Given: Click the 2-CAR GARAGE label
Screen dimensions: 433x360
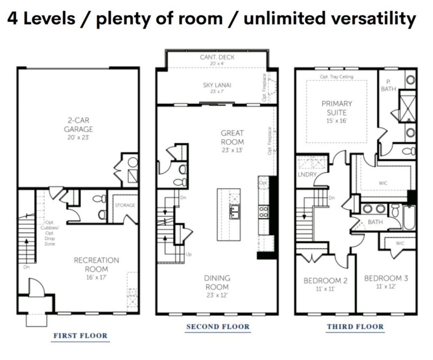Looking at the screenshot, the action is click(78, 125).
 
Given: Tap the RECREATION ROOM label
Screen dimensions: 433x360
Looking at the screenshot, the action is click(96, 264).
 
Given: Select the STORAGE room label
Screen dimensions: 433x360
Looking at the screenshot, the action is click(125, 205).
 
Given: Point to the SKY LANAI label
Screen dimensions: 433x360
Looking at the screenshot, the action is click(217, 85).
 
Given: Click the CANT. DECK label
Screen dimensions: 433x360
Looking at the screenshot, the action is click(217, 57).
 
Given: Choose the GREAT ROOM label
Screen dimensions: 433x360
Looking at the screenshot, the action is click(232, 137).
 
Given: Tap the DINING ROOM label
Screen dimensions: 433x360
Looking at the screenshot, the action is click(217, 282).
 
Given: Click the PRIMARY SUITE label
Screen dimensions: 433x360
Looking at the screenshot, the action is click(337, 108).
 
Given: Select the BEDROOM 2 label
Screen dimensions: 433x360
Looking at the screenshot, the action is click(325, 281).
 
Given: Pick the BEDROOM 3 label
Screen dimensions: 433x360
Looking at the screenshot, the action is click(386, 278).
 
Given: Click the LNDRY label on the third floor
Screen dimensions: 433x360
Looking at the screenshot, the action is click(307, 175).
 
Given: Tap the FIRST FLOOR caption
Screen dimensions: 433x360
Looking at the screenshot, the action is click(80, 336).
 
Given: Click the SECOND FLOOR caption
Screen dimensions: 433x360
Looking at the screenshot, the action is click(218, 327).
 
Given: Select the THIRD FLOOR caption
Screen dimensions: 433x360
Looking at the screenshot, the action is click(355, 327).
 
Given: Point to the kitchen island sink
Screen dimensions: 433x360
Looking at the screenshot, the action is click(234, 212).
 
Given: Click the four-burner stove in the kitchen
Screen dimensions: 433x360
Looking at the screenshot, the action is click(263, 212).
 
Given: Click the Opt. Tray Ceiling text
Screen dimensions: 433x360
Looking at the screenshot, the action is click(337, 77).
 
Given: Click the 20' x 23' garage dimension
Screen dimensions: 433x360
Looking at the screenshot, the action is click(78, 137).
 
